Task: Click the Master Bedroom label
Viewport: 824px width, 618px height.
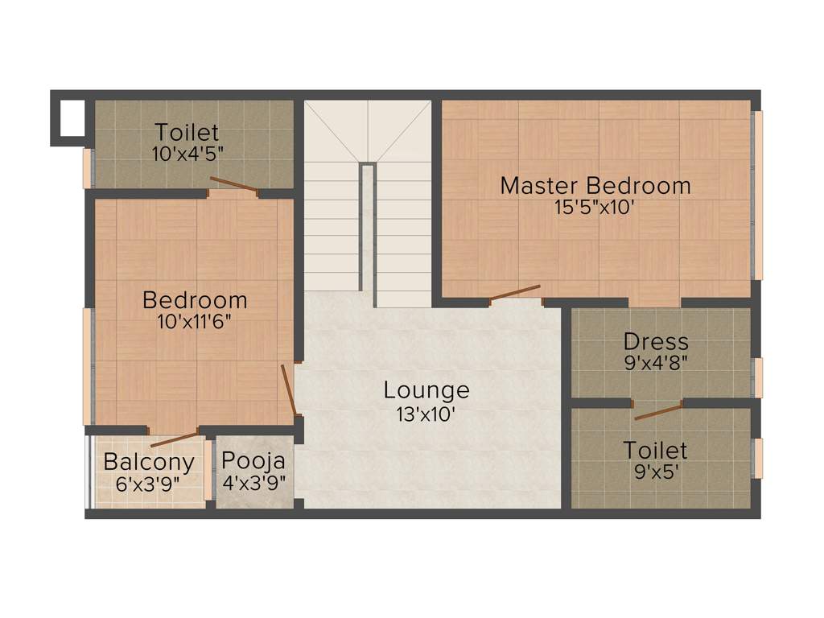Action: (595, 186)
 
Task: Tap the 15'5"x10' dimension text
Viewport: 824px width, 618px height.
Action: (595, 206)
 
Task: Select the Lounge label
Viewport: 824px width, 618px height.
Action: (426, 391)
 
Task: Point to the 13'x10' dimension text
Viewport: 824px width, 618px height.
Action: (426, 414)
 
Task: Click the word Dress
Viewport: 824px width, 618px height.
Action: (656, 342)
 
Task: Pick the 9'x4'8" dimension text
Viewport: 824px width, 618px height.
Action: (656, 361)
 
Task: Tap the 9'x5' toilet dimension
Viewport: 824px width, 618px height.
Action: (656, 472)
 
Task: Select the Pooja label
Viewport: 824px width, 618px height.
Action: (253, 462)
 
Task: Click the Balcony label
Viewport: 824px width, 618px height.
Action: (149, 463)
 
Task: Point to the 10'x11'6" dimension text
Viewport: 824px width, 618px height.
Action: (195, 321)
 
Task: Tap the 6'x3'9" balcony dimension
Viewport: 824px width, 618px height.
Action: (149, 484)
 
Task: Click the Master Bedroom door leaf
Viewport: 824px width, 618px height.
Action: (515, 293)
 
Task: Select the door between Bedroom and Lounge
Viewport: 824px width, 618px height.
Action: (290, 389)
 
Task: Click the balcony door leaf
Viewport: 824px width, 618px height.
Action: (174, 439)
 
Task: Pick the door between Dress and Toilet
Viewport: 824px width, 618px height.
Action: (658, 413)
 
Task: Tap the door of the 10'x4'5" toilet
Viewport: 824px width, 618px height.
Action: (233, 184)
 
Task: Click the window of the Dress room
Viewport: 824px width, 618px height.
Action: (757, 377)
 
